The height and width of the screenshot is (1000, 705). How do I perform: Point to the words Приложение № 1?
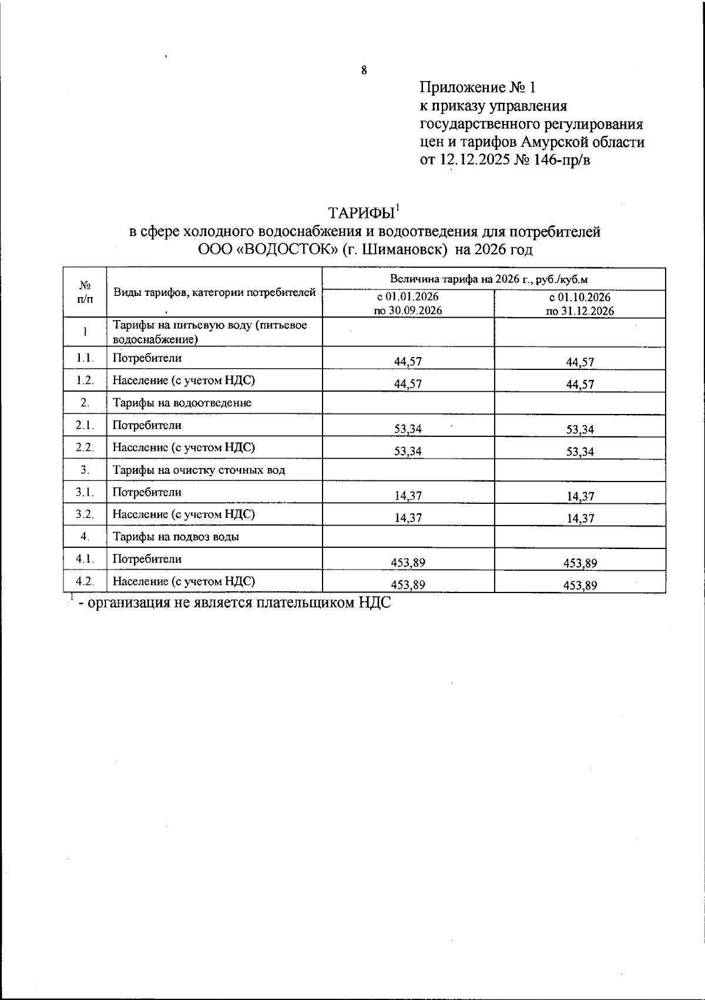coord(478,88)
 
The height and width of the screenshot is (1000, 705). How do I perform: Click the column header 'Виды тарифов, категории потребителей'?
coord(214,292)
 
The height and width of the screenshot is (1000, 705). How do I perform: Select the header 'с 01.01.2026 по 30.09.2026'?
coord(408,304)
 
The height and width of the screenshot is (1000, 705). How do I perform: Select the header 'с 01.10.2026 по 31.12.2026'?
coord(580,304)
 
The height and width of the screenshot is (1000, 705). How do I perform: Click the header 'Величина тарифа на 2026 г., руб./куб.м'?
coord(493,279)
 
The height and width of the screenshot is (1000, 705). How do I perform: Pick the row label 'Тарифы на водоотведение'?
coord(182,403)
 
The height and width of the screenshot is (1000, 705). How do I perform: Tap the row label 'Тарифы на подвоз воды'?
coord(176,537)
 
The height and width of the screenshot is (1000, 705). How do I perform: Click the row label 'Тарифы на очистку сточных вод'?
coord(199,470)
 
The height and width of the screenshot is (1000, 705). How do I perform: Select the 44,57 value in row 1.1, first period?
coord(408,362)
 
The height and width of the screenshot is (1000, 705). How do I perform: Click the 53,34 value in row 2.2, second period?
coord(580,452)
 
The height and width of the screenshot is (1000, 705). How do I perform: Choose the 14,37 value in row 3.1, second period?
coord(580,496)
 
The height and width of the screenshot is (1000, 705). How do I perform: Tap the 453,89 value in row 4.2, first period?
coord(408,585)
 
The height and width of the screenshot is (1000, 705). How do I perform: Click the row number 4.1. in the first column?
coord(85,559)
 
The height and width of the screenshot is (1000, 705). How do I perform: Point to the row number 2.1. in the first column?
coord(85,425)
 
